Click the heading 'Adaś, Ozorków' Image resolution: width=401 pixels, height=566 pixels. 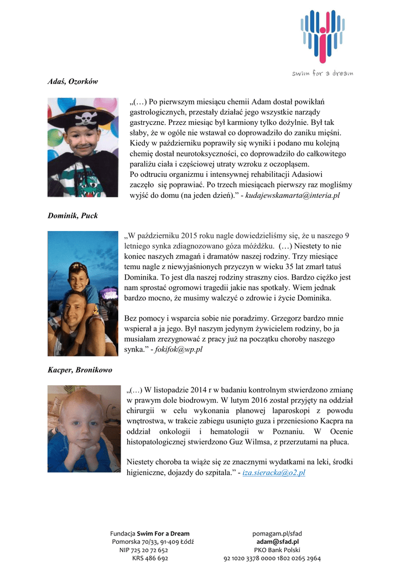click(x=72, y=81)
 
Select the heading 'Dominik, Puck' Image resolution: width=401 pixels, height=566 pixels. click(x=72, y=216)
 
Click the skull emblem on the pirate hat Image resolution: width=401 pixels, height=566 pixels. click(x=87, y=118)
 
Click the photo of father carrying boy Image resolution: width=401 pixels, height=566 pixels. click(x=82, y=294)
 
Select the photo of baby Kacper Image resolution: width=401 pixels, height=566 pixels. click(x=83, y=429)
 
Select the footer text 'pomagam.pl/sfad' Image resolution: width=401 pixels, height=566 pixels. click(x=277, y=533)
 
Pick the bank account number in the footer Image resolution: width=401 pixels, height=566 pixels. click(x=272, y=559)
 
